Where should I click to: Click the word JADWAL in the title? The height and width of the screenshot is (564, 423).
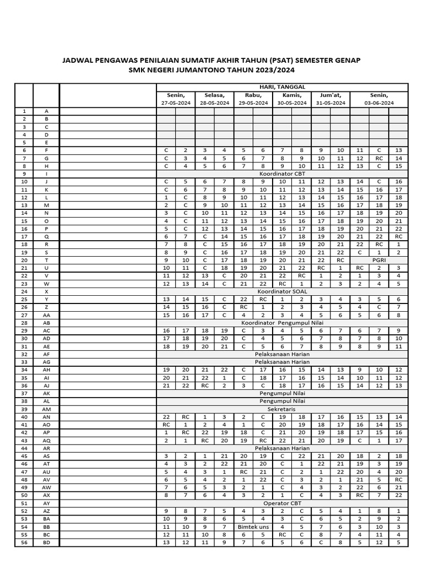[x=79, y=59]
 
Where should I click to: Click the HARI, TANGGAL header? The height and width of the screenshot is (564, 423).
[x=282, y=87]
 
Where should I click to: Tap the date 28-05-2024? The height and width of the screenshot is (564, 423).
[x=214, y=102]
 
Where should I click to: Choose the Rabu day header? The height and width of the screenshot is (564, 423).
[x=253, y=95]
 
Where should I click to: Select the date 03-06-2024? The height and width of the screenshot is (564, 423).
[x=378, y=102]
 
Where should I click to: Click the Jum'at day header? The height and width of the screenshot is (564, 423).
[x=330, y=95]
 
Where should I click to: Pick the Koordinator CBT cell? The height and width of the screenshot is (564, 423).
[x=282, y=173]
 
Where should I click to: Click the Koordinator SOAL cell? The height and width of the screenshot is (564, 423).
[x=282, y=291]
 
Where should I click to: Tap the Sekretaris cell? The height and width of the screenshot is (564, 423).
[x=282, y=409]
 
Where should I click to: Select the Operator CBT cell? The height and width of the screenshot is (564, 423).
[x=282, y=503]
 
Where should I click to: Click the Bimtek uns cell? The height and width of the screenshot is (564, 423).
[x=253, y=527]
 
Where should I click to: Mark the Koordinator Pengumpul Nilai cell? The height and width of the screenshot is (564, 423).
[x=282, y=322]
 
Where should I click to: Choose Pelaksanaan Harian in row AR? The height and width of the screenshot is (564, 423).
[x=282, y=448]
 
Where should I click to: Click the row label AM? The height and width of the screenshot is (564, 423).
[x=46, y=409]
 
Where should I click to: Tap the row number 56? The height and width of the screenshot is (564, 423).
[x=24, y=542]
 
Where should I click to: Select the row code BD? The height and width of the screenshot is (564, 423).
[x=46, y=542]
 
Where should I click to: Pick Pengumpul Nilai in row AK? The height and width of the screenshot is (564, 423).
[x=282, y=394]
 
